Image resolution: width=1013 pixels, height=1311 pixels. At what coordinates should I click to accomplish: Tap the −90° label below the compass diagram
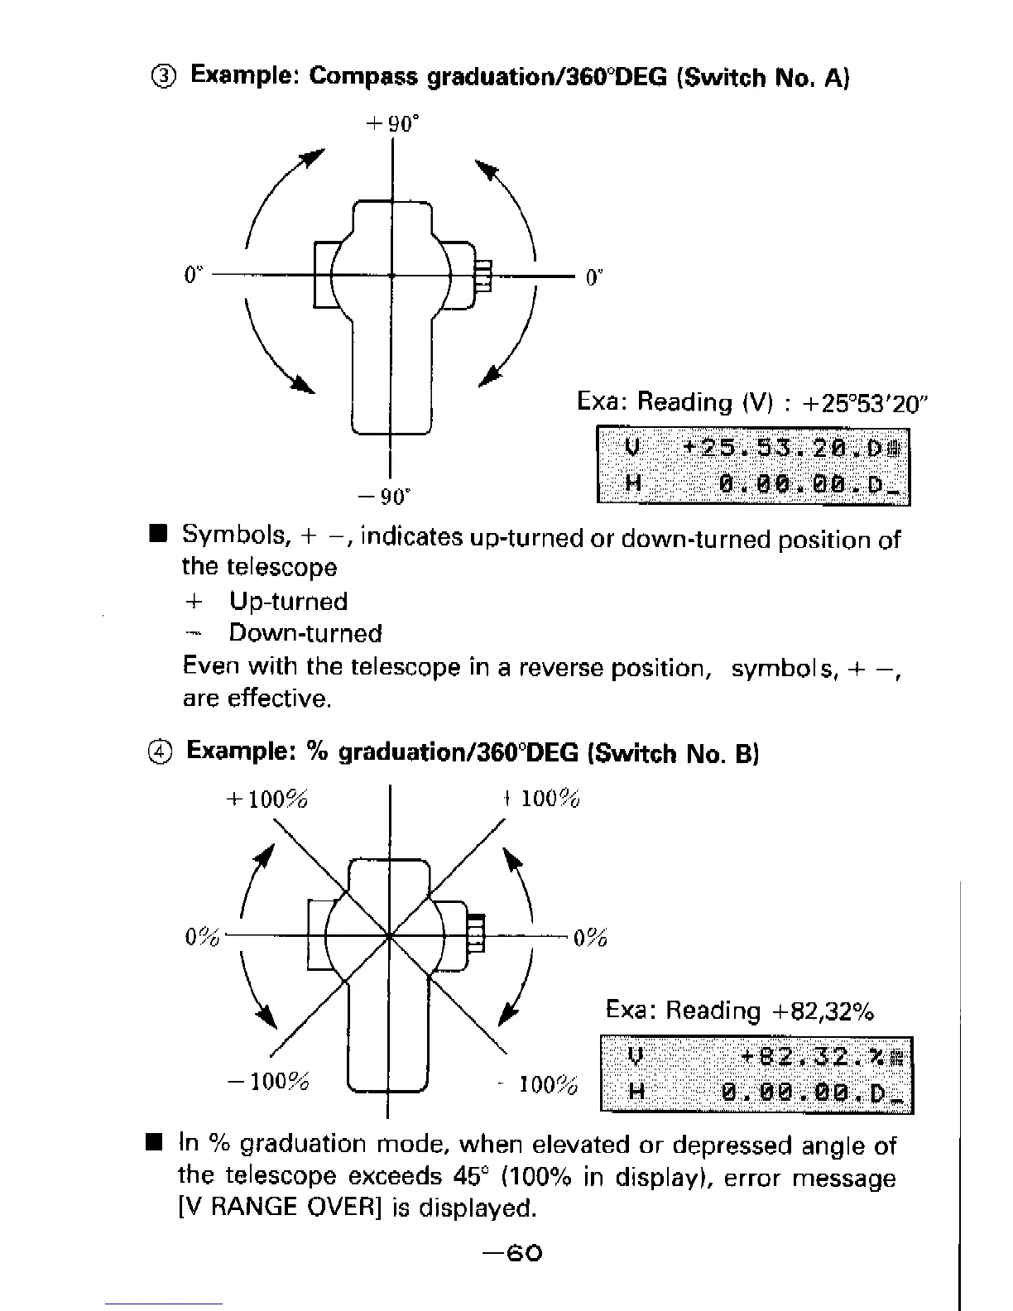click(383, 497)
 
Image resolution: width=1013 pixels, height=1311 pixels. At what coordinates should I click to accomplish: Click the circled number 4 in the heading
click(162, 753)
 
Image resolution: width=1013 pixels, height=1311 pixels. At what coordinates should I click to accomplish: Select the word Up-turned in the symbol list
click(288, 602)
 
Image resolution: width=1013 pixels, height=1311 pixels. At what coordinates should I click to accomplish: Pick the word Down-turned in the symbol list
click(305, 634)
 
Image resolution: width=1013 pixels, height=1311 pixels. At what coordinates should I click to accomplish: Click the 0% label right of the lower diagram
click(590, 939)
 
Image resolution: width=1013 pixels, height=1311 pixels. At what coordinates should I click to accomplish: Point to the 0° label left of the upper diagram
click(194, 274)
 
